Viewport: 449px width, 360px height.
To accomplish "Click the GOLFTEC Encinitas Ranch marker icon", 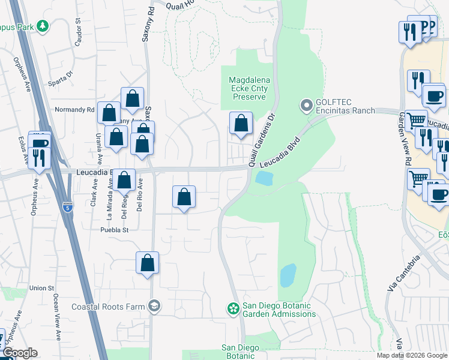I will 307,106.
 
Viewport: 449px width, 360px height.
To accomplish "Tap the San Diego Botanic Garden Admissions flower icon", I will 233,309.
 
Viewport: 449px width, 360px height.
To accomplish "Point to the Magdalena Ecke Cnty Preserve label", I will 249,88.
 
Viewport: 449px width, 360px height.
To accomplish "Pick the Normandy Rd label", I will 74,110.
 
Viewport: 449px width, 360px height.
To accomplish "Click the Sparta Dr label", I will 61,77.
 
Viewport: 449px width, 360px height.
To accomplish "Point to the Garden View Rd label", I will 404,142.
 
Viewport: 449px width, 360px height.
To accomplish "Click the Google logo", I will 19,353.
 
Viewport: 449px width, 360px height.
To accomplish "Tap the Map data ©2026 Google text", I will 411,355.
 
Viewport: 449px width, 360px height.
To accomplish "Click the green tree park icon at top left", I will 42,26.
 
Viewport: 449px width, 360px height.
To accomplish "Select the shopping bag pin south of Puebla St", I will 147,262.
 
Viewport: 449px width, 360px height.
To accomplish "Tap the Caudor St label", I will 78,33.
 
